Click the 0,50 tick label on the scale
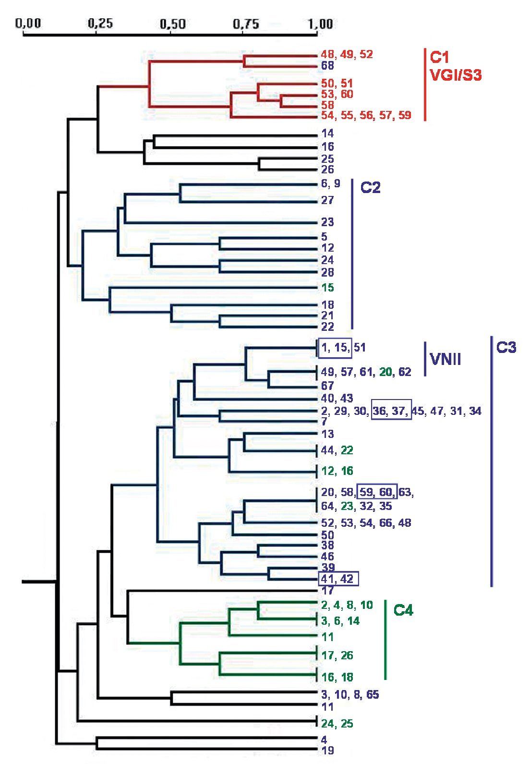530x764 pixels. (173, 24)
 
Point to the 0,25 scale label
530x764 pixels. (100, 23)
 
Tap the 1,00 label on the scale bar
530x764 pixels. (320, 24)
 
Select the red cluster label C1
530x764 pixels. (439, 57)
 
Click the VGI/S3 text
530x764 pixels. (456, 75)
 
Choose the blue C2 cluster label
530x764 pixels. (370, 187)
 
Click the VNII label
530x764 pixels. (445, 359)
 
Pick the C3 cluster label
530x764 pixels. (506, 347)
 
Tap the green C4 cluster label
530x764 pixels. (403, 610)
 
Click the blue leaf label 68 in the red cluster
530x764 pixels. (327, 65)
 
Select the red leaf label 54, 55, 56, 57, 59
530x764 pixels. (366, 115)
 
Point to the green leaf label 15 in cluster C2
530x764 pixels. (327, 288)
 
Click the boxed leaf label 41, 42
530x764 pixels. (338, 579)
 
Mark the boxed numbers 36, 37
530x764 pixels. (391, 411)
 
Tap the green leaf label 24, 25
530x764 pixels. (337, 724)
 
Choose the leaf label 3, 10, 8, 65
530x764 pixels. (350, 695)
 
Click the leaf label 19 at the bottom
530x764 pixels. (327, 750)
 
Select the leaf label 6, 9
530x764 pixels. (330, 183)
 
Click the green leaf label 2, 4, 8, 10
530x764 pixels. (347, 605)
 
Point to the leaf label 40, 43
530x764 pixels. (337, 398)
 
